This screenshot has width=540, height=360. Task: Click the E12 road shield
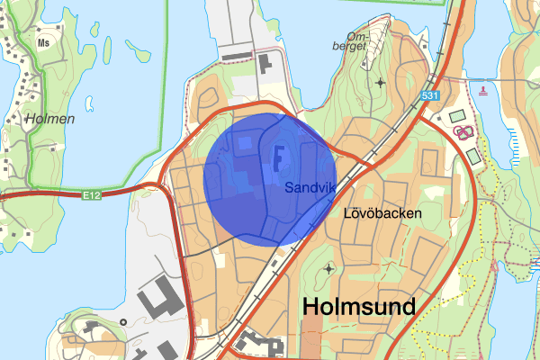[x=90, y=193]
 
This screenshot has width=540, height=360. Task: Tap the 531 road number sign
[x=431, y=94]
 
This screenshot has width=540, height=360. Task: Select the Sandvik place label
[x=310, y=188]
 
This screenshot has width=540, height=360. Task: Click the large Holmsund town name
[x=360, y=307]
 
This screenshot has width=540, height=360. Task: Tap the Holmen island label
[x=50, y=118]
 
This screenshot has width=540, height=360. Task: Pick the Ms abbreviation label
[x=43, y=41]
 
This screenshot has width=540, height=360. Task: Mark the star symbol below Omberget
[x=381, y=83]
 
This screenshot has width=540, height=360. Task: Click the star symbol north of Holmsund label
[x=327, y=268]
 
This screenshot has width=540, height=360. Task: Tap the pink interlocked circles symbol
[x=464, y=133]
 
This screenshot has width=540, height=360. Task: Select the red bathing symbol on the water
[x=484, y=88]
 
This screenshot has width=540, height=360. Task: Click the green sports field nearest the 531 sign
[x=457, y=116]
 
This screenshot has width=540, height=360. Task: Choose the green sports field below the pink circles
[x=474, y=156]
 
